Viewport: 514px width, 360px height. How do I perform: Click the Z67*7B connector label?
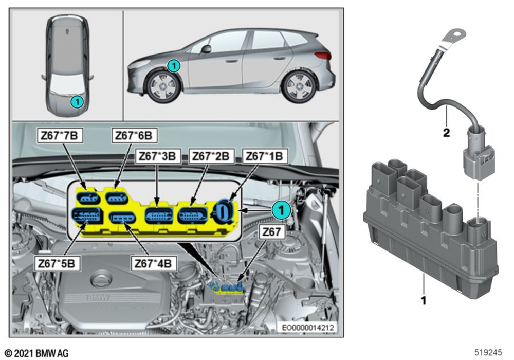pos(60,135)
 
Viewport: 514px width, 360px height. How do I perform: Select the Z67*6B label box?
pos(134,135)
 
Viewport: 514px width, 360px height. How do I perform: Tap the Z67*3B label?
pos(158,156)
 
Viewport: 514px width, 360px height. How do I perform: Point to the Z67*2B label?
pos(211,156)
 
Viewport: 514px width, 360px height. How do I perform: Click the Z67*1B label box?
pos(265,156)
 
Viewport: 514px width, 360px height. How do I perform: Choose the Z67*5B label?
pos(57,263)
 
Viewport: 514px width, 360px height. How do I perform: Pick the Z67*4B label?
pos(153,263)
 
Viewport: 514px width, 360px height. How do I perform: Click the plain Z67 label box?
pos(272,232)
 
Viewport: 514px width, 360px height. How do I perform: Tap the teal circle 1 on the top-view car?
pos(78,102)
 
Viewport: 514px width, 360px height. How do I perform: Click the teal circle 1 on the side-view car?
pos(174,66)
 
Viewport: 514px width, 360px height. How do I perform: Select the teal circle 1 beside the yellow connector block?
pos(281,210)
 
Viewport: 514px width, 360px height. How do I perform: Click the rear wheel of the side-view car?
pos(299,86)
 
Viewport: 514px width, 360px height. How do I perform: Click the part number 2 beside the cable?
pos(446,133)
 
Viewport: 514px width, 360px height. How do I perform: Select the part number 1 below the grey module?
pos(424,300)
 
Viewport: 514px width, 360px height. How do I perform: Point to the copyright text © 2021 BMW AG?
pos(36,353)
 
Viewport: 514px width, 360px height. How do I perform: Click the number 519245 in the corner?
pos(488,352)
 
